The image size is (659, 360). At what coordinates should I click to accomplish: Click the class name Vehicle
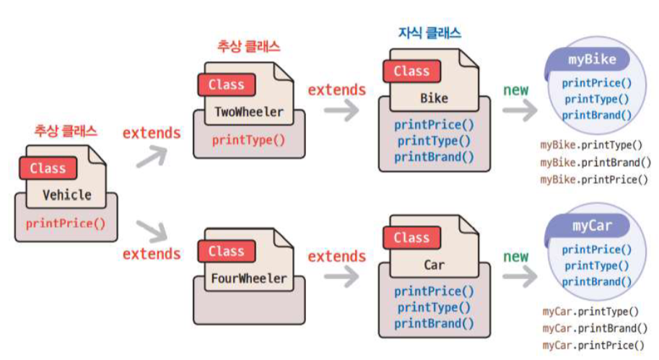(67, 195)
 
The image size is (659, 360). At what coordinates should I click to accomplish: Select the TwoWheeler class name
(249, 112)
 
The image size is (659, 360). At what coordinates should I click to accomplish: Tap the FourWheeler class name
(250, 278)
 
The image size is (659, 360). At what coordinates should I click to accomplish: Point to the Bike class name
(434, 98)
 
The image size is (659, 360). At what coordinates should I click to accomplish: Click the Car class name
(434, 265)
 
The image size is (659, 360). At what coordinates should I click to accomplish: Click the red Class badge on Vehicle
(48, 168)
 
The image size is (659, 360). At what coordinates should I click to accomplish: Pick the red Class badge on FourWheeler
(226, 251)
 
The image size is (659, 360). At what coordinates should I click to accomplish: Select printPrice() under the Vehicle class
(66, 223)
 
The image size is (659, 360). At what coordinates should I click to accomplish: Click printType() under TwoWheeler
(248, 139)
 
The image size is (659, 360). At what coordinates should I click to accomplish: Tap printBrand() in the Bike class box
(434, 157)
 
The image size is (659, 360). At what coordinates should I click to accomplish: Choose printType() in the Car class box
(434, 307)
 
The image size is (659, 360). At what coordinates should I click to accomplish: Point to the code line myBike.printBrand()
(595, 162)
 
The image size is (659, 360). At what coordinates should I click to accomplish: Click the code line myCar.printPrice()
(593, 346)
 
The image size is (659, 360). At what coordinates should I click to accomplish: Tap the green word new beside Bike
(515, 90)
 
